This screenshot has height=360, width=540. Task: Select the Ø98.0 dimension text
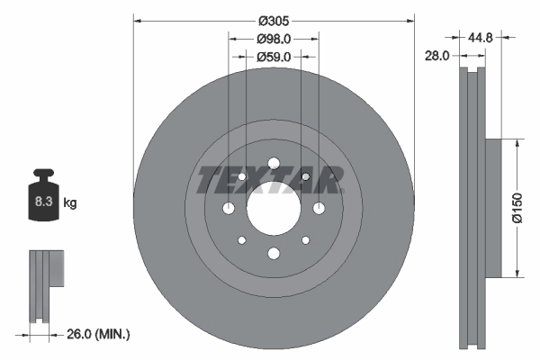[273, 40]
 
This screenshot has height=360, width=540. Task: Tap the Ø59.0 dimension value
[273, 57]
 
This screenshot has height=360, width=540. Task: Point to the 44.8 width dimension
[482, 38]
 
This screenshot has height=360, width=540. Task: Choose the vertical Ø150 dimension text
[517, 207]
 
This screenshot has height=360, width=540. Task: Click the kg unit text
[70, 203]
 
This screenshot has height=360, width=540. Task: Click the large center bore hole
[273, 209]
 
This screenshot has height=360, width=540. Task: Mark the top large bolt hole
[273, 163]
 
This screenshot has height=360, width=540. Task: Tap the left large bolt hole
[229, 209]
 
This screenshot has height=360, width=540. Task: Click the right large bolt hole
[318, 209]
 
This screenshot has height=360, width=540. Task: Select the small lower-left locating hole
[240, 240]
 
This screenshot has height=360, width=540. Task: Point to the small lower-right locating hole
[305, 240]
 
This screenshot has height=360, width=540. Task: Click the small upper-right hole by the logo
[306, 176]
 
